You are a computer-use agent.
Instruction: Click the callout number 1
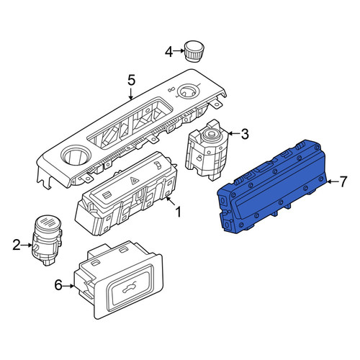click(178, 212)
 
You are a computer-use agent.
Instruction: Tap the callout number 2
click(17, 245)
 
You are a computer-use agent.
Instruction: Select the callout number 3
click(244, 134)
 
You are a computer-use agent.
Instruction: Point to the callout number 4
click(169, 52)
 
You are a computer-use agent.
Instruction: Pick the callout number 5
click(131, 80)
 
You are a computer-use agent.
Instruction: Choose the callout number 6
click(59, 285)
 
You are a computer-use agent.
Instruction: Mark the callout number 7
click(343, 181)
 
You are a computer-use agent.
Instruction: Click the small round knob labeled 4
click(194, 52)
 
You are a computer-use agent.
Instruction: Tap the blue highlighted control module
click(272, 186)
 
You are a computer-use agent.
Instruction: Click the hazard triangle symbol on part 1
click(133, 181)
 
